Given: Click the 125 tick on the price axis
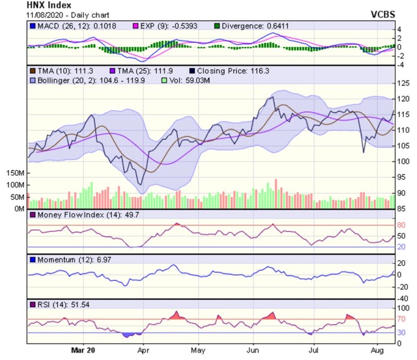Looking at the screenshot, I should point(404,83).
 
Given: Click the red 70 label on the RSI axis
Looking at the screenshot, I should point(401,320).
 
